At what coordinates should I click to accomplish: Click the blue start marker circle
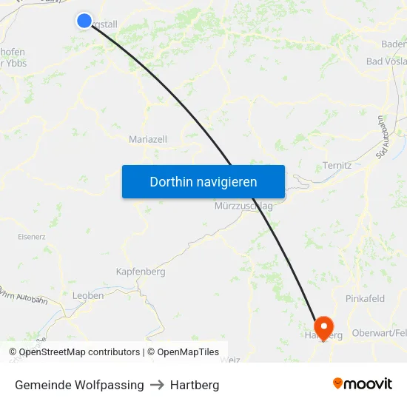(84, 21)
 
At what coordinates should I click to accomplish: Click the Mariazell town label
(148, 139)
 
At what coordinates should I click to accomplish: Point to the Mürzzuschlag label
(243, 206)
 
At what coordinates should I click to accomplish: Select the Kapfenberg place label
(141, 272)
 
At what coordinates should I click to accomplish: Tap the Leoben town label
(88, 295)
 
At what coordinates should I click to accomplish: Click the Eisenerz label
(31, 237)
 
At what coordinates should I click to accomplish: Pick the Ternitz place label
(337, 165)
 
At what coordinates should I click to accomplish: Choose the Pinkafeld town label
(365, 299)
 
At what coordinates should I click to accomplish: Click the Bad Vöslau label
(386, 61)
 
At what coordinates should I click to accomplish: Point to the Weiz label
(231, 359)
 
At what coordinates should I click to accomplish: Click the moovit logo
(363, 384)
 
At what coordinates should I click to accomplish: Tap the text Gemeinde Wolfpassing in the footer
(79, 385)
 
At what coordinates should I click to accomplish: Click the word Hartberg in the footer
(195, 385)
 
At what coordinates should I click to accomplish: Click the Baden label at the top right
(394, 44)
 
